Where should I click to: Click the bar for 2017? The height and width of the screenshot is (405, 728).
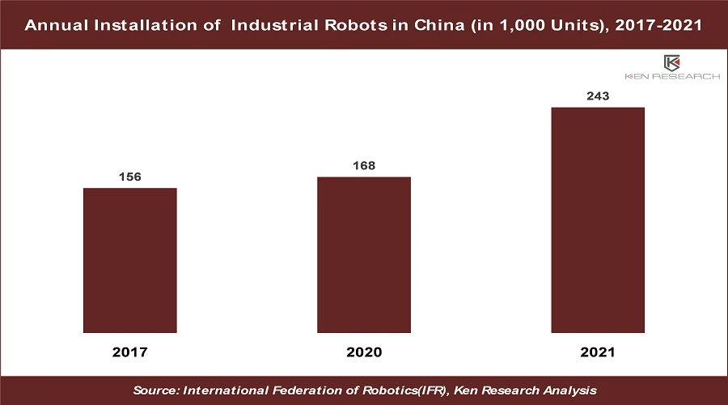[130, 260]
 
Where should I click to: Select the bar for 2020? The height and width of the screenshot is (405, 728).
[364, 254]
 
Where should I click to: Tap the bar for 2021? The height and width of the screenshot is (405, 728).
[598, 220]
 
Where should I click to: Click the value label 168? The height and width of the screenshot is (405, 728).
[364, 166]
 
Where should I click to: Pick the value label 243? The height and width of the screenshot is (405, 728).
[598, 96]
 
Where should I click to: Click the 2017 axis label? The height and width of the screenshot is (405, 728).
[130, 352]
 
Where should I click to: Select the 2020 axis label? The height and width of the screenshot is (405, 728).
[364, 352]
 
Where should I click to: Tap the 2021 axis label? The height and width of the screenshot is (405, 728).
[598, 352]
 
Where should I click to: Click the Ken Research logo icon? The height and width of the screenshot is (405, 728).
[671, 62]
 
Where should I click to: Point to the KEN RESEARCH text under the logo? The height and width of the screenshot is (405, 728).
[671, 77]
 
